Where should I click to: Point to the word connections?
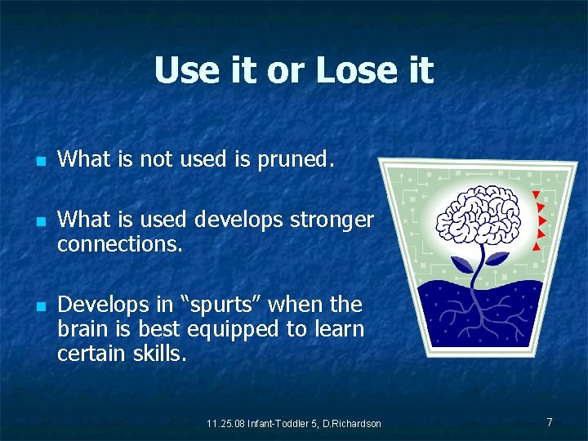coord(120,243)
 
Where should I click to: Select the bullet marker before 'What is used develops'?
coord(39,221)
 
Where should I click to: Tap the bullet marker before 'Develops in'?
coord(39,307)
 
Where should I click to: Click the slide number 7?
coord(550,422)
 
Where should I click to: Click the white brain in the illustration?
coord(475,219)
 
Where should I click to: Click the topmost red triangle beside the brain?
coord(535,195)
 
